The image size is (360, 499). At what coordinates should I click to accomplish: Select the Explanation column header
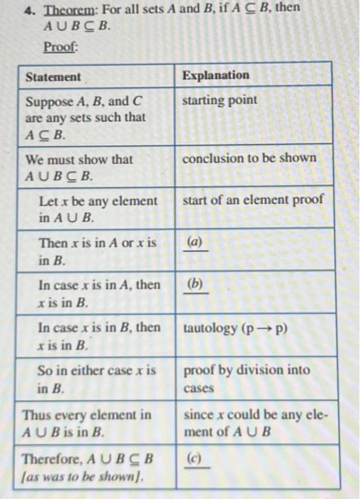pos(216,75)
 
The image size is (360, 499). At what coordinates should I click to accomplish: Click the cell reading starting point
pos(220,100)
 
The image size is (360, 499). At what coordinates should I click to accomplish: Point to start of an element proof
pos(253,201)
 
